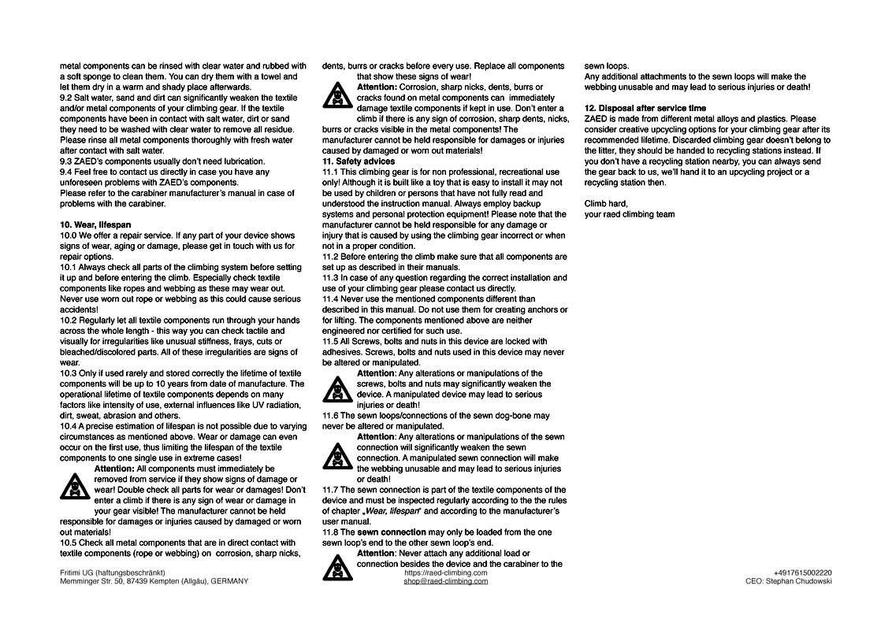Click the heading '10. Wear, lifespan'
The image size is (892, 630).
pos(95,224)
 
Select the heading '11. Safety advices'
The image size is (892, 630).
pos(359,161)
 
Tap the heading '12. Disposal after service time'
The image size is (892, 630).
pos(645,108)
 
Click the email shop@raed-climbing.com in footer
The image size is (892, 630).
pos(445,581)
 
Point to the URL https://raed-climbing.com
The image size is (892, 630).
pos(445,573)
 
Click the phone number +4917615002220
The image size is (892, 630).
pos(802,573)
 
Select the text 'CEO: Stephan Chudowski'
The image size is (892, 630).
pos(788,581)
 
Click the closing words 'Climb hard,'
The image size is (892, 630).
pos(605,203)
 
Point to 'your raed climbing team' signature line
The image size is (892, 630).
pos(629,214)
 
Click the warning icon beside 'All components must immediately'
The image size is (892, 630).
pos(74,487)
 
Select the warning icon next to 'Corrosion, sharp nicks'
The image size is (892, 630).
pos(336,94)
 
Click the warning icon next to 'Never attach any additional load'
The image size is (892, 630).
pos(336,566)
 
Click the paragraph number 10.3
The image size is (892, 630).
pos(68,373)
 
